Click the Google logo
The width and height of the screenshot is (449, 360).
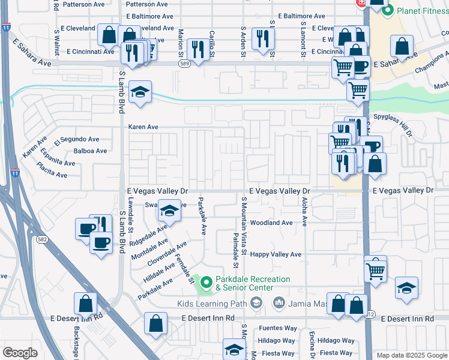pos(20,352)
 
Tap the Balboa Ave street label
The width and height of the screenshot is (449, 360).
pos(90,151)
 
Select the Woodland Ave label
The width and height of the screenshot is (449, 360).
pos(271,223)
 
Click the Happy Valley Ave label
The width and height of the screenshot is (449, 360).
pos(276,254)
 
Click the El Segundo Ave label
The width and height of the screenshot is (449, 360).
pos(76,140)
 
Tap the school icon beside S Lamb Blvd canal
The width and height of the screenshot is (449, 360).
pos(140,92)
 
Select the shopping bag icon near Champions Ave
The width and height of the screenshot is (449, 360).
pos(402,46)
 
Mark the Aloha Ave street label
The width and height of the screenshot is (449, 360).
pos(305,212)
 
